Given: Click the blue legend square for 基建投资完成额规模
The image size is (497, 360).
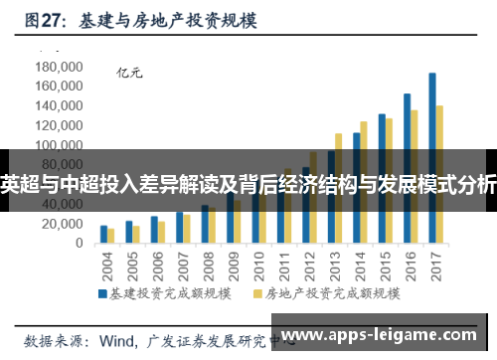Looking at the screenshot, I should click(102, 294).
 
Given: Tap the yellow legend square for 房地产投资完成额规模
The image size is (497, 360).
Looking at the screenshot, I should click(258, 294).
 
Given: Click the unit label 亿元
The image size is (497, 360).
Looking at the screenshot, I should click(130, 72).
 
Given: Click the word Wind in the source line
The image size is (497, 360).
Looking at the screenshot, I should click(116, 339).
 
